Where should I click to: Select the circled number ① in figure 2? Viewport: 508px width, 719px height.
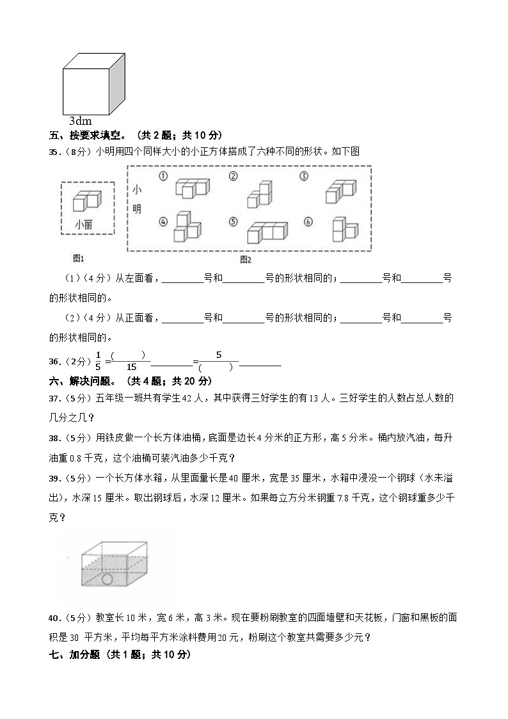pos(163,176)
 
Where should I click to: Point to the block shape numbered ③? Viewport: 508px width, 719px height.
pos(340,190)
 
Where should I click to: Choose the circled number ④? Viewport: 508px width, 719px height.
pos(163,222)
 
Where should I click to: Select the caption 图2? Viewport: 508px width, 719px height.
pos(246,259)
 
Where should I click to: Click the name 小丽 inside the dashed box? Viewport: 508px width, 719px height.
pos(83,224)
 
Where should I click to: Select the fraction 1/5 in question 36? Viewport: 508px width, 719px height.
pos(98,360)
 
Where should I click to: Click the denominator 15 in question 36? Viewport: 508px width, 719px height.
pos(131,367)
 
